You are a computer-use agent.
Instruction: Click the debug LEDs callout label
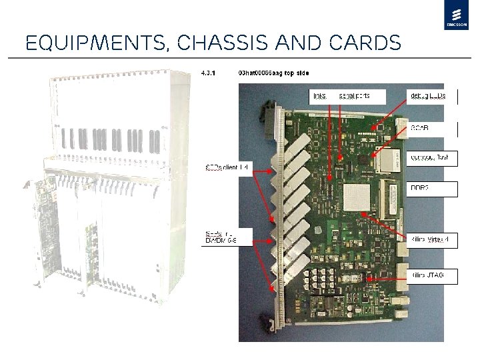point(431,96)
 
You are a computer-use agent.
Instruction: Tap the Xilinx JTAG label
point(431,275)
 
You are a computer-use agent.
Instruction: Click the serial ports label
point(353,96)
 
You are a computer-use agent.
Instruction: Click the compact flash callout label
point(431,158)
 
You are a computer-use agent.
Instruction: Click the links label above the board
point(320,96)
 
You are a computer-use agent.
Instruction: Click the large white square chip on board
point(357,198)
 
